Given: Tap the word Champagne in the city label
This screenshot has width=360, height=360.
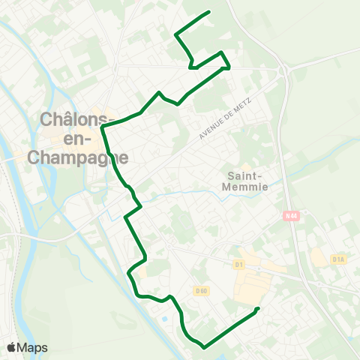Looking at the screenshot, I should tap(77, 157).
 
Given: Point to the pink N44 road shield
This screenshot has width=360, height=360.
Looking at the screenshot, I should tap(291, 216).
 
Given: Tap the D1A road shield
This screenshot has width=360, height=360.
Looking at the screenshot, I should tap(338, 259).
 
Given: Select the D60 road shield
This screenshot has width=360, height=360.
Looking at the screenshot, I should tap(200, 290).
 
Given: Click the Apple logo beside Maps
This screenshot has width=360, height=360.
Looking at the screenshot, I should tap(12, 347).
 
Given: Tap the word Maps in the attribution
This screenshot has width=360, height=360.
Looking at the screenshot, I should tap(33, 347).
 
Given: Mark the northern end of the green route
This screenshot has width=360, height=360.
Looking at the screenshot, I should tap(208, 12).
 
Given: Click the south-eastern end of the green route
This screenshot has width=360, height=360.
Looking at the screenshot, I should tap(257, 309).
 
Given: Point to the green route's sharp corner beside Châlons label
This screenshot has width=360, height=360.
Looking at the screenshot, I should tap(102, 127).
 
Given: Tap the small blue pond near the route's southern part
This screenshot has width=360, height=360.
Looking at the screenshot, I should tap(164, 323).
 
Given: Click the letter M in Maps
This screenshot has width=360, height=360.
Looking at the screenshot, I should tap(25, 347).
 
